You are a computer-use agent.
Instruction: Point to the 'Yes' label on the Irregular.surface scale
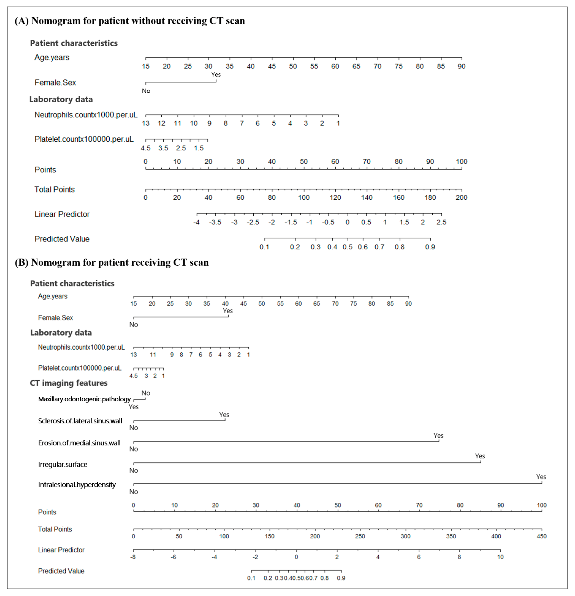coord(480,456)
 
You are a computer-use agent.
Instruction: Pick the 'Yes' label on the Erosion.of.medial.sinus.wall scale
coord(438,436)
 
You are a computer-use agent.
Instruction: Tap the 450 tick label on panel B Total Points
coord(541,536)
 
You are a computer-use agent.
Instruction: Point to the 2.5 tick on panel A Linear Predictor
coord(441,222)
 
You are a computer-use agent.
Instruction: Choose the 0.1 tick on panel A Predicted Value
coord(264,247)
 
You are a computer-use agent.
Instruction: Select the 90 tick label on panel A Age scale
coord(461,66)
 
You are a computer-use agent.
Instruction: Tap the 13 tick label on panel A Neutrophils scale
coord(146,123)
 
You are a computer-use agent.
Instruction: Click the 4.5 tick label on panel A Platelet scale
coord(146,148)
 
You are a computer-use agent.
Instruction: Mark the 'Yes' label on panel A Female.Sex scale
coord(216,75)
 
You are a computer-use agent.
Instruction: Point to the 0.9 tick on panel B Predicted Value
coord(341,578)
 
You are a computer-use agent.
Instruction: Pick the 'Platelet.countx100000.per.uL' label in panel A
coord(84,139)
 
